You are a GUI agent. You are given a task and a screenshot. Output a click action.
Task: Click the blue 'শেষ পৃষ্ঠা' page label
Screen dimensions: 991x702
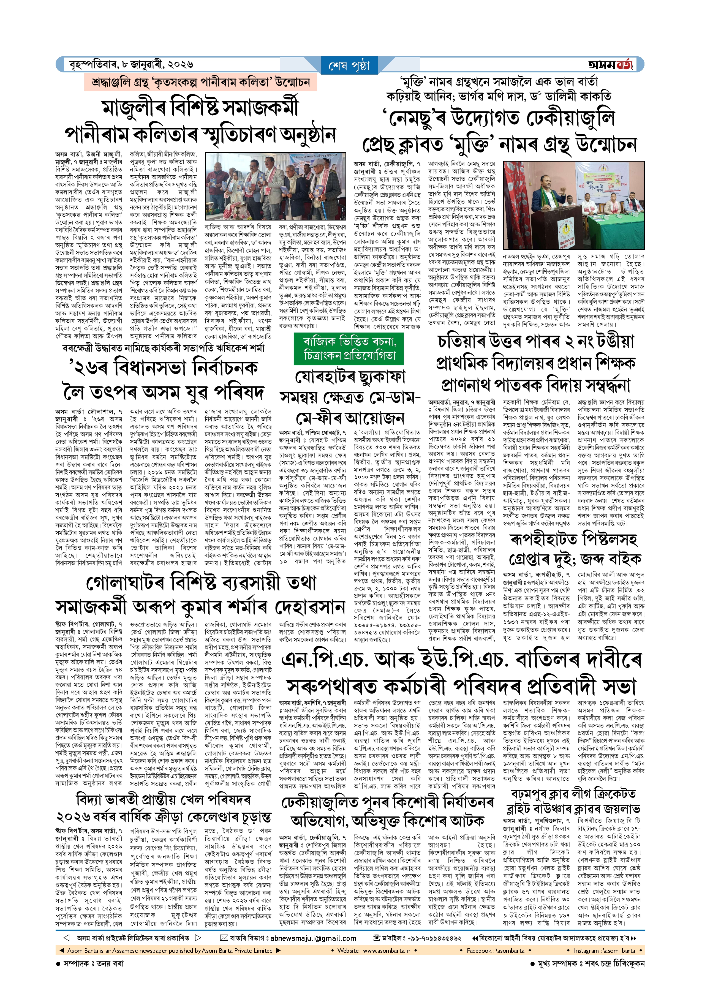click(x=350, y=66)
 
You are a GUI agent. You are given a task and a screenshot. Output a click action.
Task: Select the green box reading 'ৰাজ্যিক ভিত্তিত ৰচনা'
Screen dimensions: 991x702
click(x=350, y=342)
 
